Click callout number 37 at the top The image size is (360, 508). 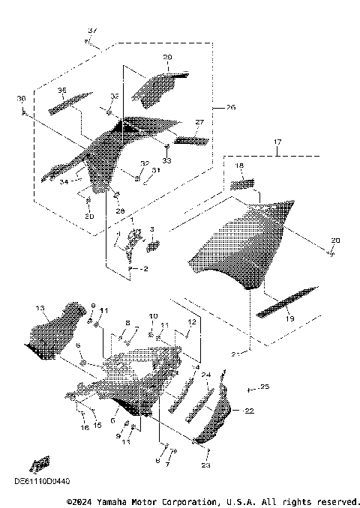[x=92, y=30]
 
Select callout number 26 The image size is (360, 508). [x=230, y=108]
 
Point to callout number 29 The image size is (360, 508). [x=167, y=57]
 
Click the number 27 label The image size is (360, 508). [x=199, y=121]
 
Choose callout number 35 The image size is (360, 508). [x=62, y=90]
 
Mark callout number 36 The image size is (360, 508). [x=21, y=98]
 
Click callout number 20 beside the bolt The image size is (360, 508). [x=335, y=240]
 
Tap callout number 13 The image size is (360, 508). [x=40, y=308]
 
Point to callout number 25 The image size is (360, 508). [x=263, y=387]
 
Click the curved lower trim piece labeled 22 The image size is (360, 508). [x=217, y=416]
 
